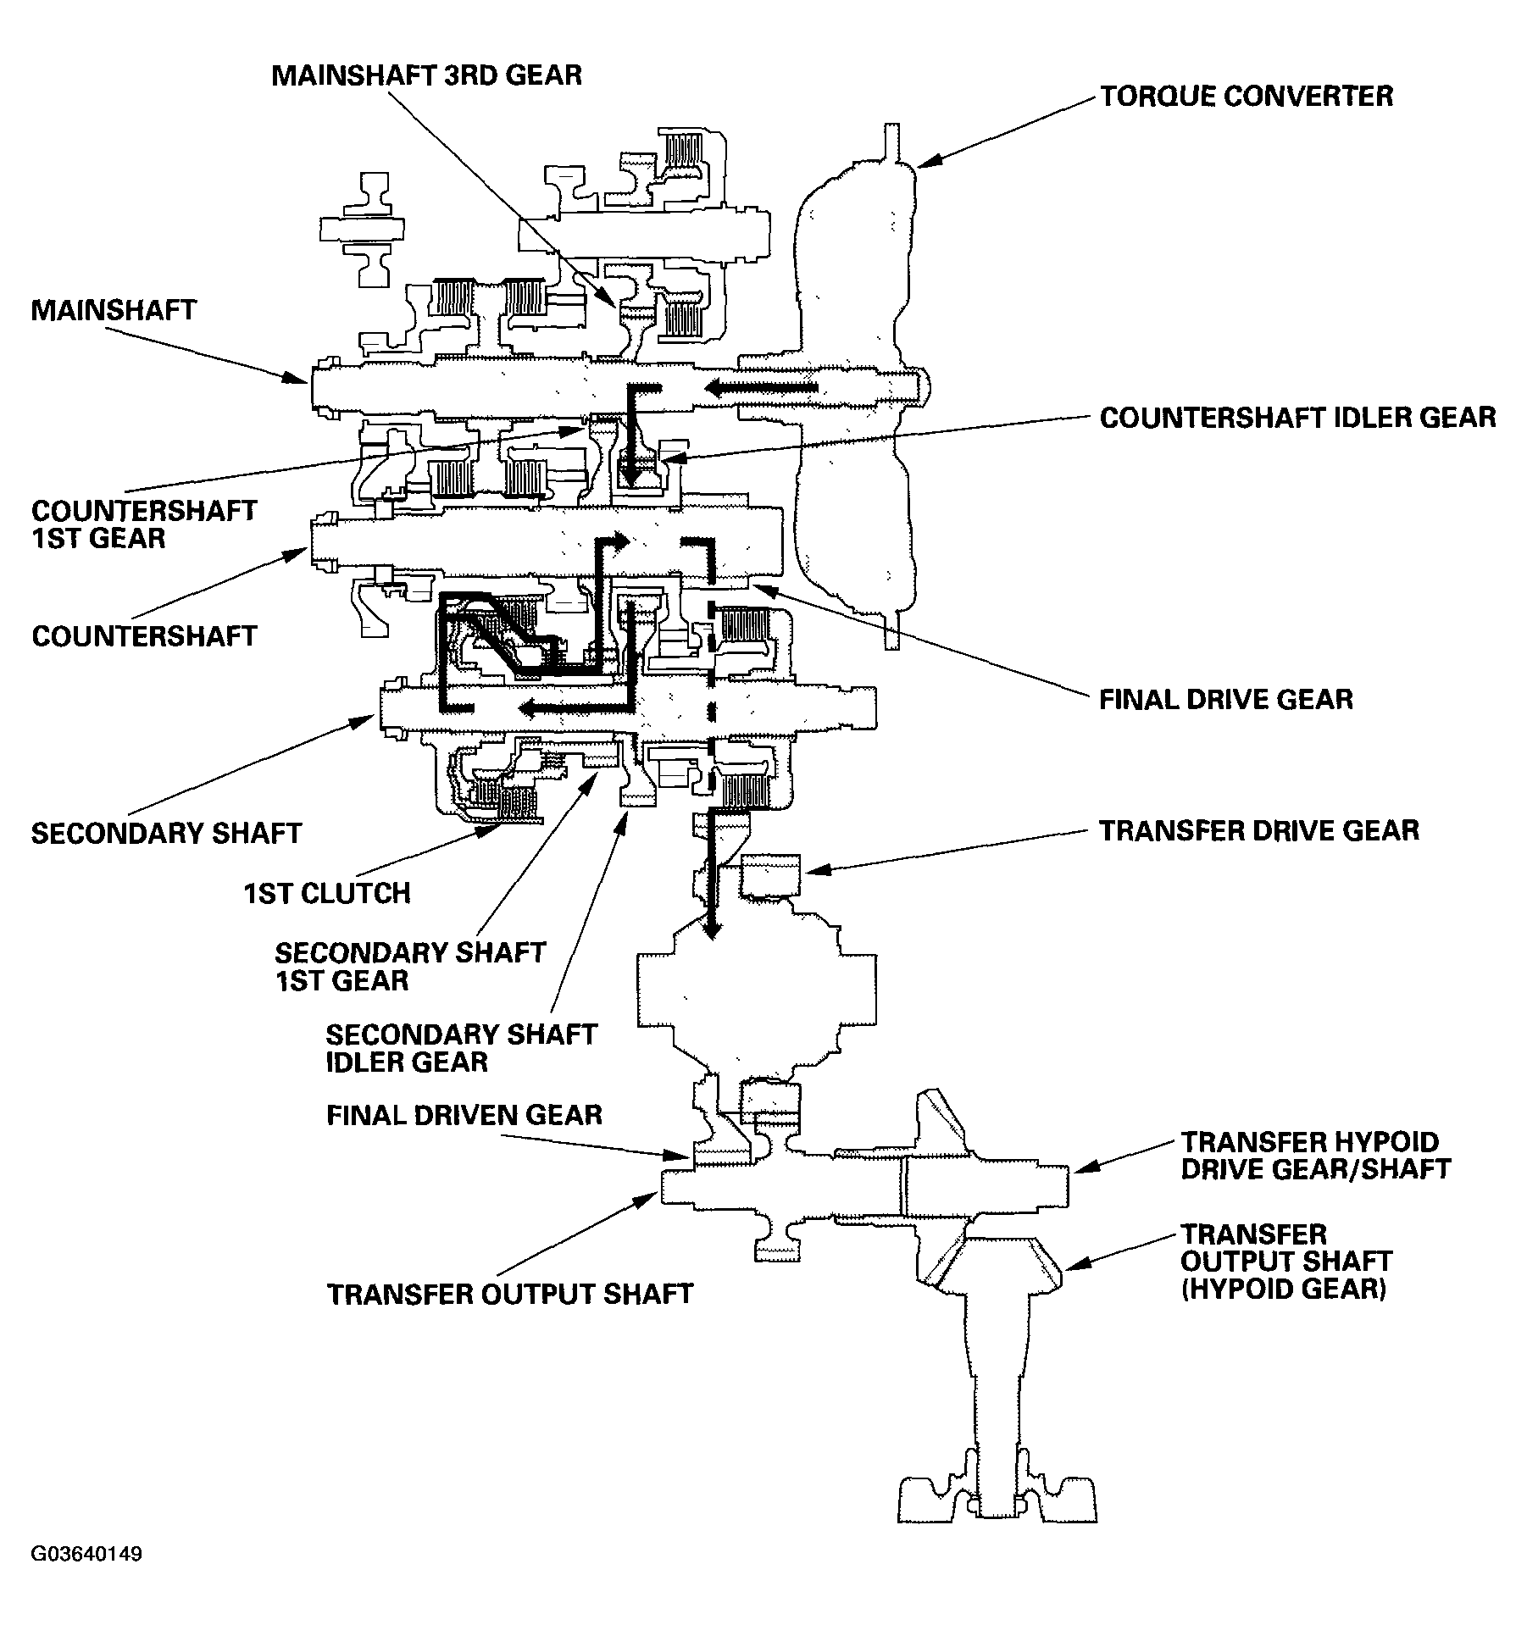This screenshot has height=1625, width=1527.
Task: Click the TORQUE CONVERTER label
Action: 1246,96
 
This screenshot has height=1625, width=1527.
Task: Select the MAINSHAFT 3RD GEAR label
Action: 426,75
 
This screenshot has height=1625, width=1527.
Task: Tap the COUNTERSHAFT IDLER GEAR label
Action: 1297,418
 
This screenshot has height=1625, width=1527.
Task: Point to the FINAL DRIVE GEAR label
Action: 1225,699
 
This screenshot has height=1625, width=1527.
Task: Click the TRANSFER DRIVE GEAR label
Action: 1258,830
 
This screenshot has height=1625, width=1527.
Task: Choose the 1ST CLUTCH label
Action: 327,893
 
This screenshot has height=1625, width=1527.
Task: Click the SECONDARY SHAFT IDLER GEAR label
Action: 461,1048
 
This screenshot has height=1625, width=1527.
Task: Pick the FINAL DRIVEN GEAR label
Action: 464,1114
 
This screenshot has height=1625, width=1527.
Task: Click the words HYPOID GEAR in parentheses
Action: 1283,1289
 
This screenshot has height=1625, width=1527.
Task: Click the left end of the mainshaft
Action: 318,388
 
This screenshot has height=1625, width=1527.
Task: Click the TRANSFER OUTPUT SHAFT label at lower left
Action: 510,1295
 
